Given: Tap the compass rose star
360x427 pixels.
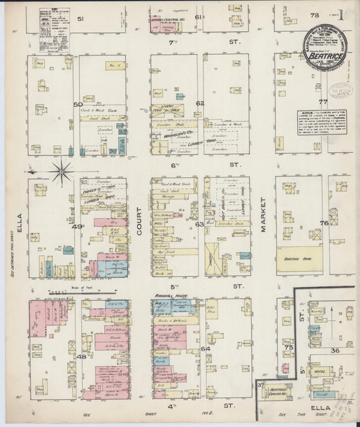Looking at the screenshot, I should point(61,171).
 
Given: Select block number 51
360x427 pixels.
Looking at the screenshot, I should point(80,19).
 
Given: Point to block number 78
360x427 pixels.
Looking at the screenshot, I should point(313,14).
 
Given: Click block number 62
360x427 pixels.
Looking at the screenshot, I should point(200,103).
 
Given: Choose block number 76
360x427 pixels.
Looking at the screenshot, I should point(324,222).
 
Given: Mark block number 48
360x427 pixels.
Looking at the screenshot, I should point(82,355).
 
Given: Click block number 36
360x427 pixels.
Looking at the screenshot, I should point(334,351).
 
